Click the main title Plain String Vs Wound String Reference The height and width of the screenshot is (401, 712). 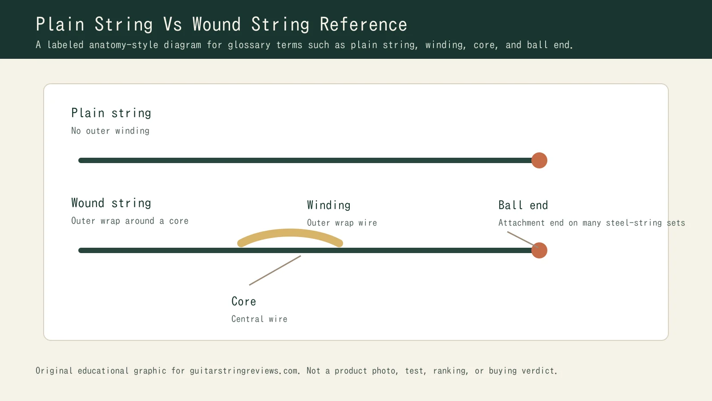pos(221,25)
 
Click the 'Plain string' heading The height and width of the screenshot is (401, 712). pos(111,113)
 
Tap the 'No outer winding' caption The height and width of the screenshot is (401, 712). pos(110,131)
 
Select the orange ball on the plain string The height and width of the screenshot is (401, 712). pos(539,160)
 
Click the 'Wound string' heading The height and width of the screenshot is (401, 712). pos(111,203)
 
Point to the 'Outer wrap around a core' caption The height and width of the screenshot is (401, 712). pos(129,221)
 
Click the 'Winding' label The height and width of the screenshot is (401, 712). pos(329,205)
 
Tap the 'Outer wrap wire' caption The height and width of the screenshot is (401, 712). pos(342,223)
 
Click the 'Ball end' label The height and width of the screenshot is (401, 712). pos(523,205)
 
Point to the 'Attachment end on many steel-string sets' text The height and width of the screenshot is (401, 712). pos(591,223)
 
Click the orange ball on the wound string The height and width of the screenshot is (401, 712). pos(539,250)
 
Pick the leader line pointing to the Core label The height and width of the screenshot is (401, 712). pos(275,270)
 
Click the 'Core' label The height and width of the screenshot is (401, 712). pos(243,302)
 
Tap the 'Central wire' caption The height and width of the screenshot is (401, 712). pos(259,319)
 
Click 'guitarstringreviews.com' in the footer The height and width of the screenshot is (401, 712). pos(244,371)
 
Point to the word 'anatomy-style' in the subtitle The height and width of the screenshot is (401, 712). pos(124,45)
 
